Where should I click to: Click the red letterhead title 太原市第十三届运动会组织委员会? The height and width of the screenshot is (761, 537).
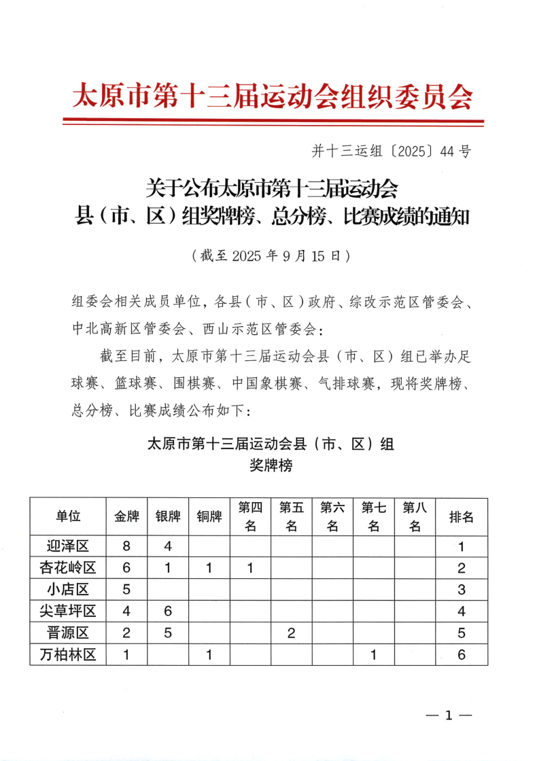(272, 97)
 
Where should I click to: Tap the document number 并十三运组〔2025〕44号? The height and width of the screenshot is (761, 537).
(390, 152)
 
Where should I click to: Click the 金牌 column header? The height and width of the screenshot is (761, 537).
(126, 516)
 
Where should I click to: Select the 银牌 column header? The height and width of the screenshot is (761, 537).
(168, 516)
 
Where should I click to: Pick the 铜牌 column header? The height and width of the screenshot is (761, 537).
(209, 516)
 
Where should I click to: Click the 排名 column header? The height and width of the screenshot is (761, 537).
(462, 516)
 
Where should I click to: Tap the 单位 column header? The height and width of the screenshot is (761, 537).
(68, 516)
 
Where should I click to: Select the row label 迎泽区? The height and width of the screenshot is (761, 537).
(68, 546)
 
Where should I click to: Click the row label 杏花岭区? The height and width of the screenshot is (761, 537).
(68, 568)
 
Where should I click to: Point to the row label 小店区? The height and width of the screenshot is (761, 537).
(68, 589)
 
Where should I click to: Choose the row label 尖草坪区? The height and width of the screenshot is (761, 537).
(68, 611)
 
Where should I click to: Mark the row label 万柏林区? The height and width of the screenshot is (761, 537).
(68, 655)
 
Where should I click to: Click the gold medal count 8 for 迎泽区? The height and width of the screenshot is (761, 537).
(126, 546)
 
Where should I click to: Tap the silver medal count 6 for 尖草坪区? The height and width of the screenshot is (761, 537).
(168, 611)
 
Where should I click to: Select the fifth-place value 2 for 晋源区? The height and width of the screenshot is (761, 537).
(292, 633)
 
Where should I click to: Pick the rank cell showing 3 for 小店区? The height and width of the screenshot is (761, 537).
(462, 589)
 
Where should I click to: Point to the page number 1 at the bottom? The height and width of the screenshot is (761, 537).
(448, 715)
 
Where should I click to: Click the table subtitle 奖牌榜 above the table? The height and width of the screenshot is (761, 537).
(271, 467)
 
